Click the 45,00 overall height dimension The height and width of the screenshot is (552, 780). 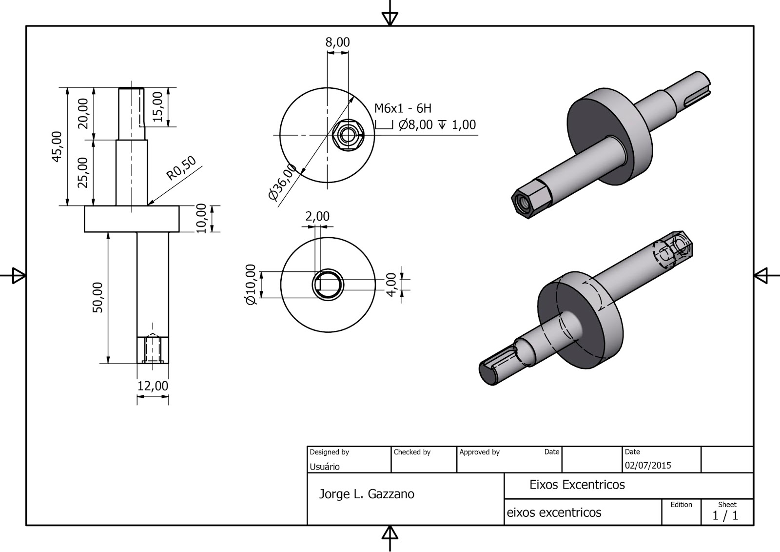(x=58, y=146)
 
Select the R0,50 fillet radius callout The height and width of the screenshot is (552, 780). (x=181, y=168)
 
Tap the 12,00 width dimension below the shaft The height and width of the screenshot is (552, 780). (x=153, y=386)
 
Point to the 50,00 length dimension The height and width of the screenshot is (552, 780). (x=98, y=297)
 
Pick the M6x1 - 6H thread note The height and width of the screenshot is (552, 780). (x=403, y=108)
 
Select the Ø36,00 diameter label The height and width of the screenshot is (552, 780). (x=282, y=183)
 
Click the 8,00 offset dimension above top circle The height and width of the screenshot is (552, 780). (x=337, y=42)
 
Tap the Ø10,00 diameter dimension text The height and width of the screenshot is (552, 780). (x=251, y=285)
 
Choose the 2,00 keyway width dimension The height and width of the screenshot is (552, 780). (x=317, y=216)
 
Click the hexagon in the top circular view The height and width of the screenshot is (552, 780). (x=347, y=135)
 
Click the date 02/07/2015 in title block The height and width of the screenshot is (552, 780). (x=648, y=465)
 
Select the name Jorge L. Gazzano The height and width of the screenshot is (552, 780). (x=366, y=494)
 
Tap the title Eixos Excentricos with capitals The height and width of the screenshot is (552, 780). (x=577, y=485)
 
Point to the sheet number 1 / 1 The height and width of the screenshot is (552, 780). (x=725, y=515)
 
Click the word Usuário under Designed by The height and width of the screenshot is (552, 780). (x=325, y=467)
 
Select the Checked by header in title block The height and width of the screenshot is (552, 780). (x=412, y=452)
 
